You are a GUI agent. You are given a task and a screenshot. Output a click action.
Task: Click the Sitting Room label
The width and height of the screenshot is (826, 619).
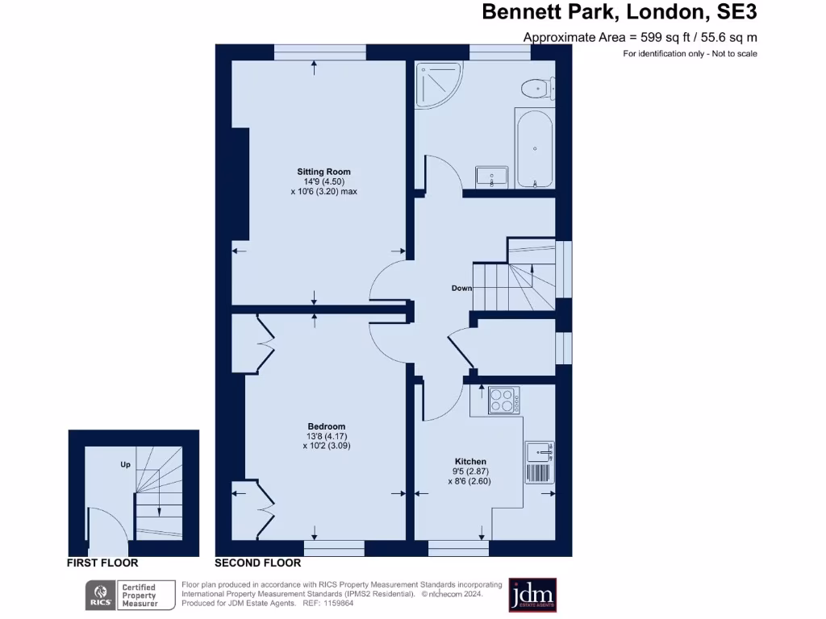tap(323, 172)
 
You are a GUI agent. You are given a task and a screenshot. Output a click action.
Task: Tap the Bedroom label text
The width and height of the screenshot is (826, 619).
tap(326, 426)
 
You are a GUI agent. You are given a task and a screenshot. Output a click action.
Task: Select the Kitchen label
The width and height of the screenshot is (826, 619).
tap(469, 462)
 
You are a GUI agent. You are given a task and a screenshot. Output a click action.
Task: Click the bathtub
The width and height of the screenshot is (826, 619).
tap(534, 149)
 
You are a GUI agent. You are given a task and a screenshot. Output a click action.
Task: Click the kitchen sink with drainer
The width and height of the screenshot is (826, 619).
tap(539, 462)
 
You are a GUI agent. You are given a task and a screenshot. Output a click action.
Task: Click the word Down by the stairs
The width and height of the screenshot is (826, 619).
tap(461, 288)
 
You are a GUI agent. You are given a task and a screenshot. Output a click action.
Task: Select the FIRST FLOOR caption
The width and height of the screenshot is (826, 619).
tap(102, 563)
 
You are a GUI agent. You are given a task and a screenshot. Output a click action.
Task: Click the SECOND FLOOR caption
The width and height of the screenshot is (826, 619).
tap(258, 563)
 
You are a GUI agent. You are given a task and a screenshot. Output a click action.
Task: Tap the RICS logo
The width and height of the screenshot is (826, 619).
tap(100, 595)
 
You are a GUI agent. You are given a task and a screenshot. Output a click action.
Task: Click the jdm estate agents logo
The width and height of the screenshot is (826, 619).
tap(532, 595)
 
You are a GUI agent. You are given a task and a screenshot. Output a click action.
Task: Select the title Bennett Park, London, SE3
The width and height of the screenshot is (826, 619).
tap(619, 12)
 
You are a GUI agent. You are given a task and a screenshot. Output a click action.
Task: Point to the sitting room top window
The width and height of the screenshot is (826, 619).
tap(319, 52)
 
